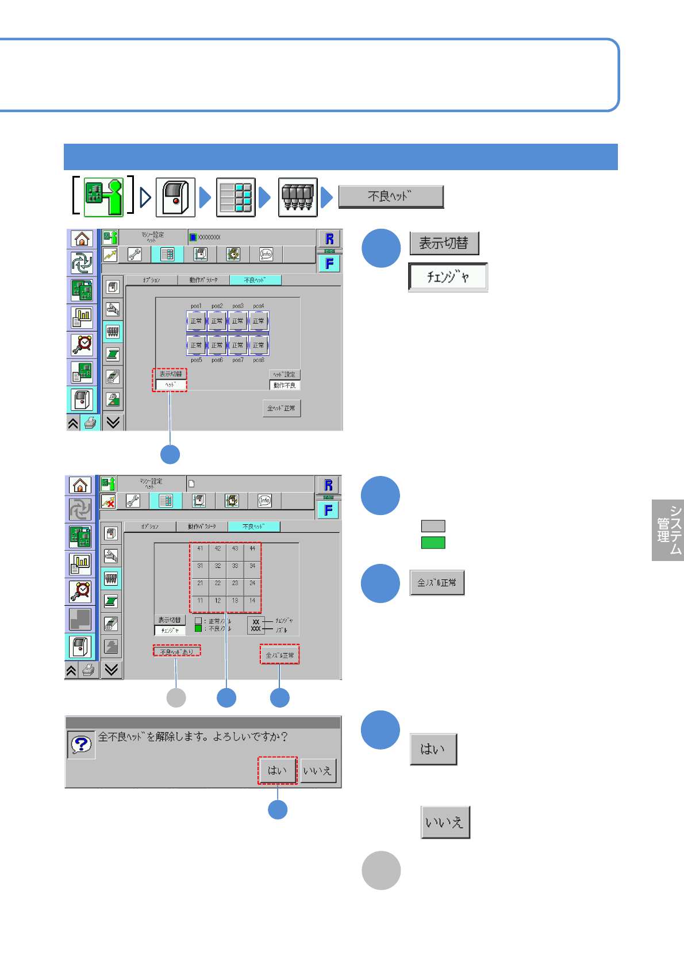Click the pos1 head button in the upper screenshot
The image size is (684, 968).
point(196,321)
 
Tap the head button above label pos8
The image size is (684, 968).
point(259,345)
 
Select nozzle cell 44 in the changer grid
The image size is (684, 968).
point(252,549)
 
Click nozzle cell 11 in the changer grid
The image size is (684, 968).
point(200,601)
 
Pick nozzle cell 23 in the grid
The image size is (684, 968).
point(235,583)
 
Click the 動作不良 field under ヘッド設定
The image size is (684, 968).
point(285,386)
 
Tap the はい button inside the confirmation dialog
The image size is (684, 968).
point(277,770)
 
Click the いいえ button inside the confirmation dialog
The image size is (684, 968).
point(317,770)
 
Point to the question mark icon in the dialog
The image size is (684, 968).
point(81,745)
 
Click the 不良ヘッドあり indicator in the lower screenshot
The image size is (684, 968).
point(176,652)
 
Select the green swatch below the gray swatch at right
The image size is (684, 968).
point(433,543)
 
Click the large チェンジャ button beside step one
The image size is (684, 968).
point(448,277)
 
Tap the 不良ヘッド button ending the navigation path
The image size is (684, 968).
point(391,197)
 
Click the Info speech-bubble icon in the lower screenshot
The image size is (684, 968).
point(264,501)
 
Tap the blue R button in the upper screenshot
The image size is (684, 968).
point(329,239)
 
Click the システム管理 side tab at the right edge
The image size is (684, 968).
point(668,530)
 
